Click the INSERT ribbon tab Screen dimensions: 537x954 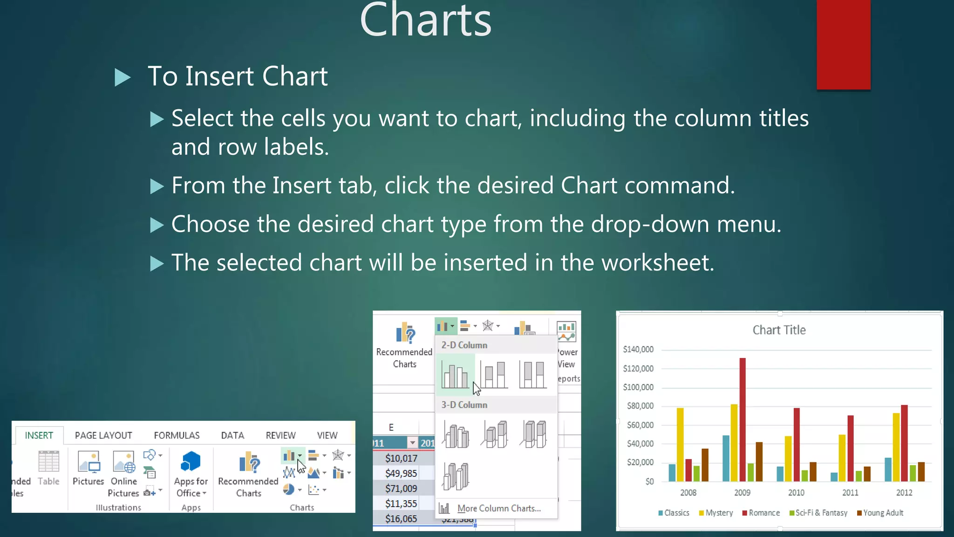point(39,435)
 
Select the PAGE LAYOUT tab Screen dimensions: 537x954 point(103,435)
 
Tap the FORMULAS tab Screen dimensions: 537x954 point(177,435)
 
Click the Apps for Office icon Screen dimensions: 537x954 point(191,462)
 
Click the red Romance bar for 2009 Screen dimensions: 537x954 point(743,420)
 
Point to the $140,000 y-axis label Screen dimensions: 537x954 point(638,349)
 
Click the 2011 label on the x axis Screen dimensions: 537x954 point(850,492)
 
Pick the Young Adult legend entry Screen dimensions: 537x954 point(883,513)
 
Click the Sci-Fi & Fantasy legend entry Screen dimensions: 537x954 point(821,513)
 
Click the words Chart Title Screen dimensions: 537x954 point(779,330)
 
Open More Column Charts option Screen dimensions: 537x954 point(498,509)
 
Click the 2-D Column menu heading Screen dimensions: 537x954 point(464,345)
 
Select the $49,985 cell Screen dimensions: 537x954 point(401,473)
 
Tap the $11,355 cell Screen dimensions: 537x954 point(401,503)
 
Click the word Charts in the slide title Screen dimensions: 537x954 point(426,21)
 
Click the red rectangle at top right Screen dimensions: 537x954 point(843,44)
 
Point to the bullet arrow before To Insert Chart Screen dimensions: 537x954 point(123,77)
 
